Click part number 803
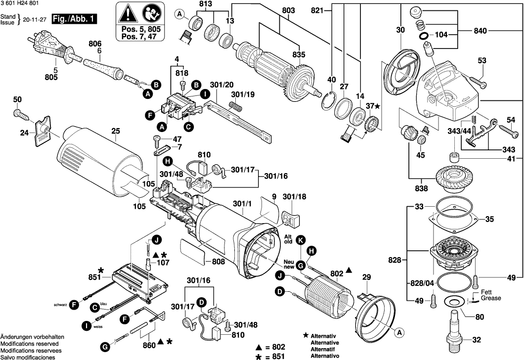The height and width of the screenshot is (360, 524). pyautogui.click(x=288, y=10)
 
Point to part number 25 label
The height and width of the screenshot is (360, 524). pyautogui.click(x=116, y=132)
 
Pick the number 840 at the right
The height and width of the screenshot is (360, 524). pyautogui.click(x=480, y=31)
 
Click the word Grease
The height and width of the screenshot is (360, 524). pyautogui.click(x=491, y=298)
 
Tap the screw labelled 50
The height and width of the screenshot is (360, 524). pyautogui.click(x=21, y=114)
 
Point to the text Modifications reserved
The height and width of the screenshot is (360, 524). pyautogui.click(x=29, y=343)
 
